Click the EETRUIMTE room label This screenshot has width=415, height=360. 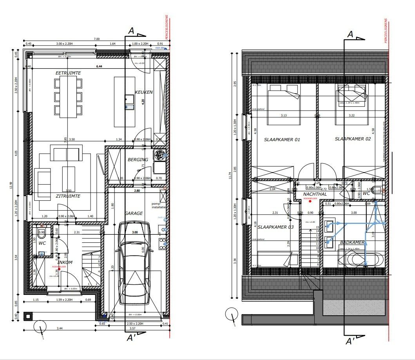click(68, 73)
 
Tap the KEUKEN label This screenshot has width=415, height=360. click(144, 92)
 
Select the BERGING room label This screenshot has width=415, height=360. click(138, 160)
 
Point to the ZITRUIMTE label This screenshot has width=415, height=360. click(68, 196)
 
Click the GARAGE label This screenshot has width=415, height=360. click(134, 213)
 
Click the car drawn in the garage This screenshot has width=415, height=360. click(134, 263)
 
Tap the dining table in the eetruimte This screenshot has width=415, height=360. click(68, 97)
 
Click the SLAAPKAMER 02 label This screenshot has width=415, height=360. click(353, 139)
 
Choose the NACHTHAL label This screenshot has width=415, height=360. click(315, 194)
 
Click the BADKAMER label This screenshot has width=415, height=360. click(353, 243)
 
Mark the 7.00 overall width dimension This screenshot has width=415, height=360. click(96, 39)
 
